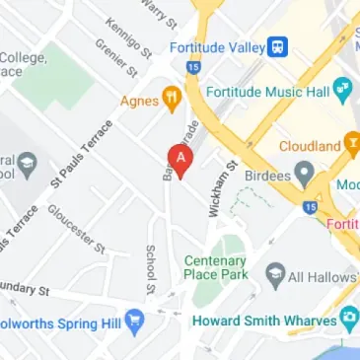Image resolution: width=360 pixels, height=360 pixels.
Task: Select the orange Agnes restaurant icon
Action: (172, 98)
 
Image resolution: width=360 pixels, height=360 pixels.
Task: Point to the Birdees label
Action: (265, 175)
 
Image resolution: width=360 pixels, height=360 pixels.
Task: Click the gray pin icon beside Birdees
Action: (305, 176)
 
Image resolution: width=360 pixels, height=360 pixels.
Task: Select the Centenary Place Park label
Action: (216, 267)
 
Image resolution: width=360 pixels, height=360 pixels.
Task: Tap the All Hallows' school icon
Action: (273, 272)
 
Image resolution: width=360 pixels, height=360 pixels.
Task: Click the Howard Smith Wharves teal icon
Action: (348, 320)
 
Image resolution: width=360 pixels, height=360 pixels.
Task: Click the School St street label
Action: (151, 269)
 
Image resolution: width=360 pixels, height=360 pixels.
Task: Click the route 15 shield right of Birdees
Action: (312, 207)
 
